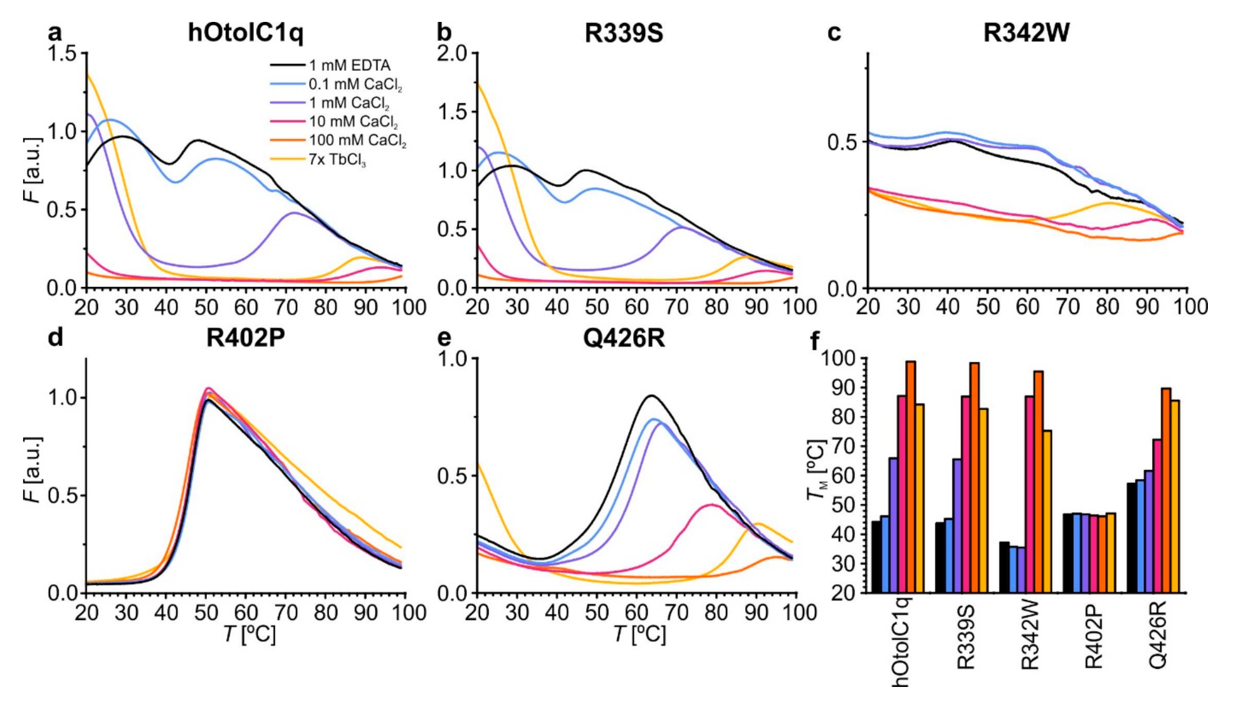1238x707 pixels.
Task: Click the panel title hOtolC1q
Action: pos(246,32)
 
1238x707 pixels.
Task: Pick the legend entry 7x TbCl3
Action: pos(337,160)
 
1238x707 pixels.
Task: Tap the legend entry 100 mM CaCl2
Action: pos(357,140)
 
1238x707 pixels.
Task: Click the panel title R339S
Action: pos(623,33)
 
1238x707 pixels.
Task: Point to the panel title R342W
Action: pos(1026,33)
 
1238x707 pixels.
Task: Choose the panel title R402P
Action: pos(246,338)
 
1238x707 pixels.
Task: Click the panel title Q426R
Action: pos(624,338)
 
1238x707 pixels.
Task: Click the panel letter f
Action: pos(815,342)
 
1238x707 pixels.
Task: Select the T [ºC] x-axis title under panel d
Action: pos(249,634)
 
